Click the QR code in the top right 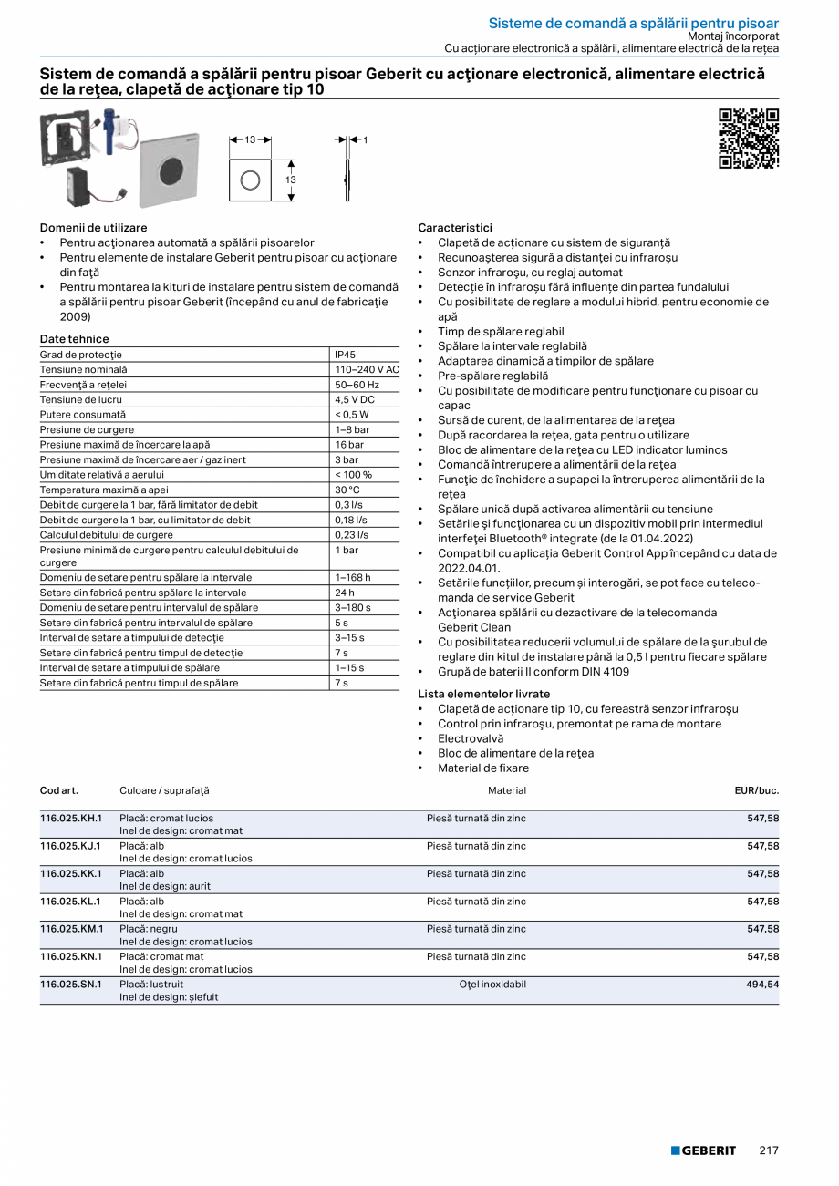[x=749, y=139]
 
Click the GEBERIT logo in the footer [x=702, y=1150]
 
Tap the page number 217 [x=769, y=1150]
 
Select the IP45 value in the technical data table [x=345, y=355]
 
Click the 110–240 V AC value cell [x=366, y=369]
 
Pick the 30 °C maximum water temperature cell [x=347, y=490]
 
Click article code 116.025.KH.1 [x=70, y=818]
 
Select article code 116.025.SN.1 [x=70, y=985]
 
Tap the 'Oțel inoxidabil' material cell [x=492, y=985]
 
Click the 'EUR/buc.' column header [x=756, y=790]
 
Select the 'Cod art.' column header [x=58, y=790]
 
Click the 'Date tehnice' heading [x=74, y=339]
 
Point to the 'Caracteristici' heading [x=454, y=227]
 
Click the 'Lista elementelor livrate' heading [x=483, y=694]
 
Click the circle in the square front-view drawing [x=250, y=180]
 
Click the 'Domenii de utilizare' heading [x=93, y=227]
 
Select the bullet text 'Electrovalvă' [x=471, y=738]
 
